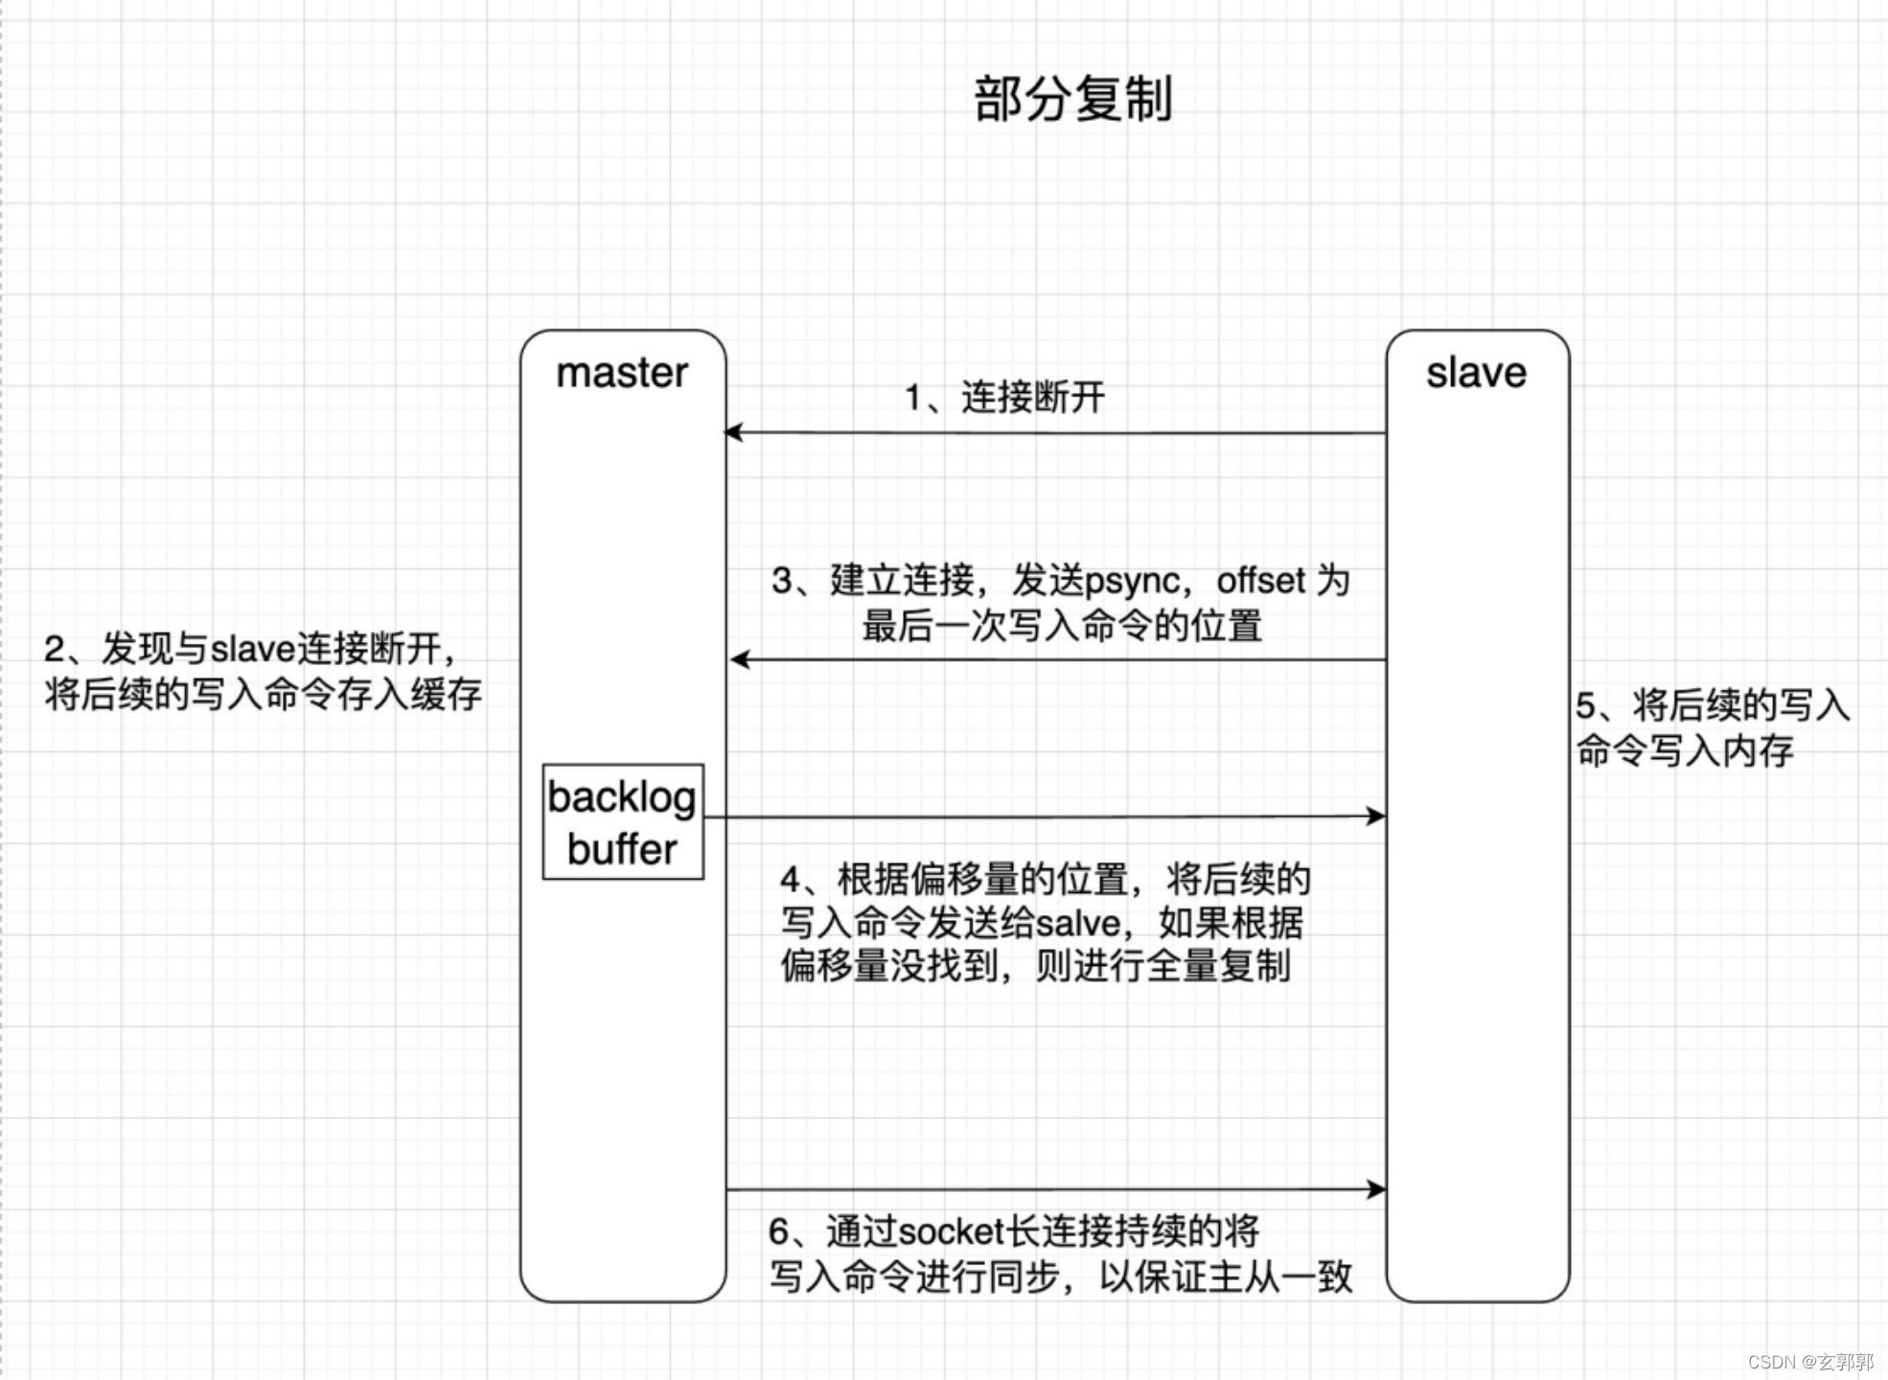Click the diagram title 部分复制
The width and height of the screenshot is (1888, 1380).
pyautogui.click(x=1072, y=99)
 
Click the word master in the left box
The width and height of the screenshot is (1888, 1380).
pyautogui.click(x=622, y=373)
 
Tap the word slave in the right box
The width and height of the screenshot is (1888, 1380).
pyautogui.click(x=1476, y=373)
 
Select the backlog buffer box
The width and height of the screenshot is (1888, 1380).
pyautogui.click(x=623, y=821)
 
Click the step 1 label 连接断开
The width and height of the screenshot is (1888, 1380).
pyautogui.click(x=1032, y=397)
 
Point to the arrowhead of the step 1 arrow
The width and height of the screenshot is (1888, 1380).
pyautogui.click(x=733, y=432)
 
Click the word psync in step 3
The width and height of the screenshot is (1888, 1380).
pyautogui.click(x=1132, y=581)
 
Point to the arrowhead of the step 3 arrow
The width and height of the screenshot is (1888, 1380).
pyautogui.click(x=739, y=659)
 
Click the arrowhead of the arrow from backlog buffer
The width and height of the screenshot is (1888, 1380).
pyautogui.click(x=1376, y=816)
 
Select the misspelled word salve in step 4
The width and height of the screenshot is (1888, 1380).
pyautogui.click(x=1078, y=923)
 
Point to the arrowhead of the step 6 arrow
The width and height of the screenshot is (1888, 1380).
pyautogui.click(x=1376, y=1189)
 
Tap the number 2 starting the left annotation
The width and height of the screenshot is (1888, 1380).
pyautogui.click(x=55, y=650)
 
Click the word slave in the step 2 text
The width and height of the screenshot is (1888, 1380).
pyautogui.click(x=253, y=650)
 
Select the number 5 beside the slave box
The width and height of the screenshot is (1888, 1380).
pyautogui.click(x=1586, y=706)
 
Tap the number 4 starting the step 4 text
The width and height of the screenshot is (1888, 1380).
pyautogui.click(x=791, y=879)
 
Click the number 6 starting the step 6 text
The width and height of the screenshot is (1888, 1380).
pyautogui.click(x=779, y=1231)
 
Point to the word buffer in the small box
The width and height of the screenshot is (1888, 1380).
pyautogui.click(x=622, y=849)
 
